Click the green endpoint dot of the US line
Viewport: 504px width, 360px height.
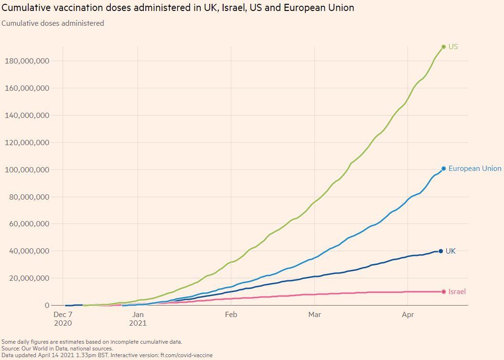[444, 47]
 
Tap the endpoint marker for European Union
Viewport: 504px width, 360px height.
[444, 169]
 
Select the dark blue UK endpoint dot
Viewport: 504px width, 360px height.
[440, 251]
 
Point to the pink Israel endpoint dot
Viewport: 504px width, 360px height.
[444, 292]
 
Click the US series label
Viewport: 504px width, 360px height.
[453, 47]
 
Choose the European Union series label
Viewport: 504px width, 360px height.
[475, 169]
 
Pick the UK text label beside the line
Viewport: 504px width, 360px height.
[450, 251]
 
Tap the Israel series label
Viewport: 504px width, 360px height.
[457, 292]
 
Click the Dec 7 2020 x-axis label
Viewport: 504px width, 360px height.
[63, 319]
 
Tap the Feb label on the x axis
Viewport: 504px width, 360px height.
[231, 315]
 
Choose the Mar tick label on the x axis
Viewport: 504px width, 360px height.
[314, 315]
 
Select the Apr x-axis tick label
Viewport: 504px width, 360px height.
[407, 315]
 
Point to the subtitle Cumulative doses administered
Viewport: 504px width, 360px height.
[53, 23]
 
